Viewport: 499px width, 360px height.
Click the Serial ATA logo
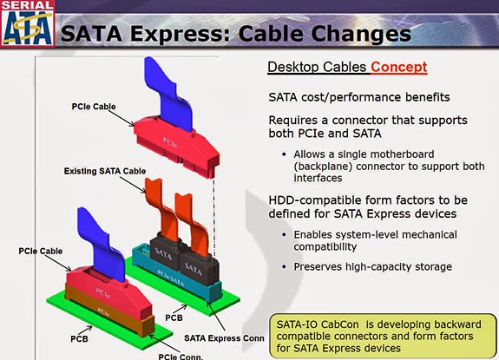28,23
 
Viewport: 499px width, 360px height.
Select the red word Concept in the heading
399,67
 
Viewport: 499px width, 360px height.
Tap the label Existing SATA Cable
105,172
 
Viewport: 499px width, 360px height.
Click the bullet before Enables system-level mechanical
283,235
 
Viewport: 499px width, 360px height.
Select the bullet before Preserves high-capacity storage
283,265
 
